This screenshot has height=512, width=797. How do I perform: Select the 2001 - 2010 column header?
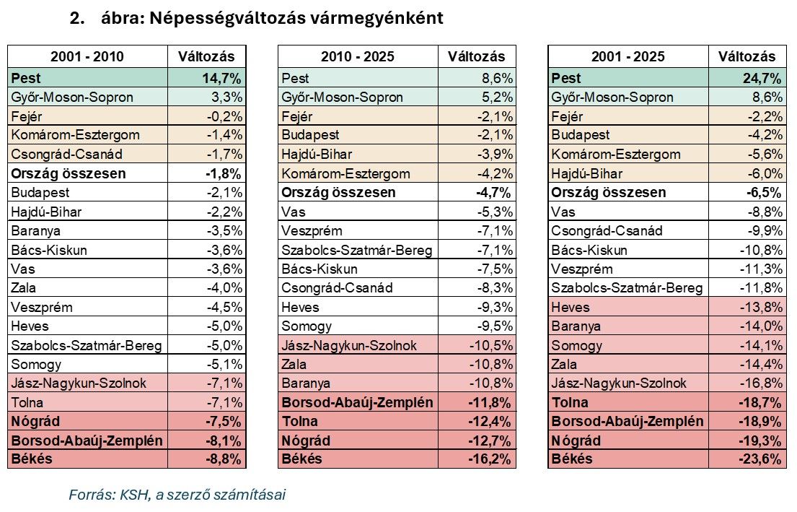(87, 57)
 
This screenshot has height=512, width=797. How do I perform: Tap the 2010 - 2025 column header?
(358, 57)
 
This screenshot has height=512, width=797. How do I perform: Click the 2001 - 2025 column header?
(628, 57)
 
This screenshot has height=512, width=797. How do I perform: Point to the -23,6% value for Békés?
(763, 459)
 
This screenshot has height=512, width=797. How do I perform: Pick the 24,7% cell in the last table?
(762, 78)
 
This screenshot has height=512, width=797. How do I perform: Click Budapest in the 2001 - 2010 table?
(40, 193)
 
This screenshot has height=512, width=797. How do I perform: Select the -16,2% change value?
(493, 459)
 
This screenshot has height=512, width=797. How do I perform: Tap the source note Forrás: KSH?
(177, 495)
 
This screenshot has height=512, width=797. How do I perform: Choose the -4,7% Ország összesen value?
(495, 193)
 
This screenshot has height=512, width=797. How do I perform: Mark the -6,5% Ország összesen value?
(765, 193)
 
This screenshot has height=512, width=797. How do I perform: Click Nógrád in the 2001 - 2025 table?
(576, 440)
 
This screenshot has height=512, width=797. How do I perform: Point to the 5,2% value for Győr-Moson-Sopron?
(497, 97)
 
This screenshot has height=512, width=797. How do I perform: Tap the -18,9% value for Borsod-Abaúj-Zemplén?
(763, 421)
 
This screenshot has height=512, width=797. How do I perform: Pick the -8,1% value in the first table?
(224, 440)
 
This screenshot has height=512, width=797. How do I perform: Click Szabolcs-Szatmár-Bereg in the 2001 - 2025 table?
(627, 288)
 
